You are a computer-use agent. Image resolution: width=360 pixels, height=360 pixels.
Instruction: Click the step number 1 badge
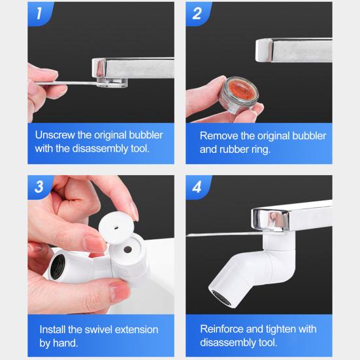(x=39, y=13)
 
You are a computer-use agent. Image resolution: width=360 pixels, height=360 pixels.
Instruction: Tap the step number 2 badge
(x=197, y=13)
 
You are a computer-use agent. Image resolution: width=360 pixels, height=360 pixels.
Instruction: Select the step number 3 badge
(x=39, y=187)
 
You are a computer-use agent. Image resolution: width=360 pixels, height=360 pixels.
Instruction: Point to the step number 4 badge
(x=197, y=187)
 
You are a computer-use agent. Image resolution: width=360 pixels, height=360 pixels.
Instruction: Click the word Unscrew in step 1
(x=55, y=135)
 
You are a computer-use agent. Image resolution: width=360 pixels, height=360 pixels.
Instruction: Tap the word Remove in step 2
(x=219, y=136)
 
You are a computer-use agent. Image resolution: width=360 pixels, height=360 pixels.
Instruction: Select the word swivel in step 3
(x=99, y=330)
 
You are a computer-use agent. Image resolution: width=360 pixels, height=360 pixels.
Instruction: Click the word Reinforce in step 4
(x=221, y=329)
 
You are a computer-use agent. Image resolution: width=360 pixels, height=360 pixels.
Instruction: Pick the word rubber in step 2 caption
(x=234, y=150)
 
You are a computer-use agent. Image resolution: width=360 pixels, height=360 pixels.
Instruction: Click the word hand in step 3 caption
(x=65, y=343)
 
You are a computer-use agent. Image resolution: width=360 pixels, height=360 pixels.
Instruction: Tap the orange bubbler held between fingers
(x=239, y=95)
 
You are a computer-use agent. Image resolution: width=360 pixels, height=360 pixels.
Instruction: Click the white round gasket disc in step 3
(x=116, y=227)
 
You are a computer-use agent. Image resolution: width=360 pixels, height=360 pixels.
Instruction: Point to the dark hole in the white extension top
(x=127, y=250)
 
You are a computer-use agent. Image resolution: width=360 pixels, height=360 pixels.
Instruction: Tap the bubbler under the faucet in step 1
(x=112, y=83)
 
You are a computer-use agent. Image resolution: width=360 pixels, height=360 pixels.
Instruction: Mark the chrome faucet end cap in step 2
(x=264, y=50)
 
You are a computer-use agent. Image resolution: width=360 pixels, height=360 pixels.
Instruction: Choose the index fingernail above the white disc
(x=134, y=212)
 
